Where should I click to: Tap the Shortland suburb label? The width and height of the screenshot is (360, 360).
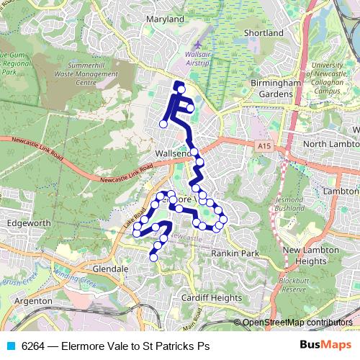(264, 33)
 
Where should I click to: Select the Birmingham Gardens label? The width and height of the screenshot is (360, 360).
(276, 89)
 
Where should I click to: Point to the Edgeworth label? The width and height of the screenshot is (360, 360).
(26, 224)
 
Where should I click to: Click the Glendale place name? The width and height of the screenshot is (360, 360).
(110, 269)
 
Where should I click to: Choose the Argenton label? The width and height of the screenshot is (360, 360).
(33, 300)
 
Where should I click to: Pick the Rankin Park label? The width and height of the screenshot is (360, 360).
(234, 253)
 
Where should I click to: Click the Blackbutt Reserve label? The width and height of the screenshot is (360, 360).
(294, 284)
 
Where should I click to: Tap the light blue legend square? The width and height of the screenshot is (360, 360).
(10, 346)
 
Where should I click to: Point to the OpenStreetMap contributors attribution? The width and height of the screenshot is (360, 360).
(297, 323)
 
